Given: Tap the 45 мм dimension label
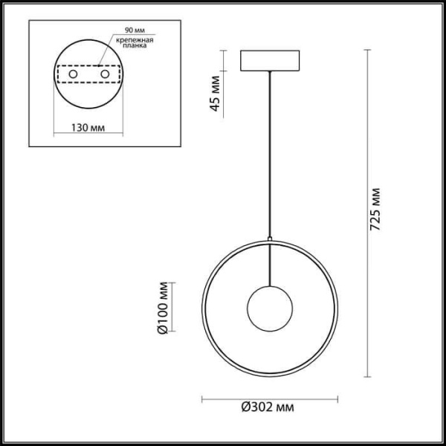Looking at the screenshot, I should tap(216, 92).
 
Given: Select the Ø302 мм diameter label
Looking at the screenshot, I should tap(267, 408).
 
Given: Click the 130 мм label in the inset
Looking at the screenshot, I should tap(88, 127).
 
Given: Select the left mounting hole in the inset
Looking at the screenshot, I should tap(74, 74).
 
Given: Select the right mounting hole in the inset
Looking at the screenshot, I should tap(105, 74).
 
